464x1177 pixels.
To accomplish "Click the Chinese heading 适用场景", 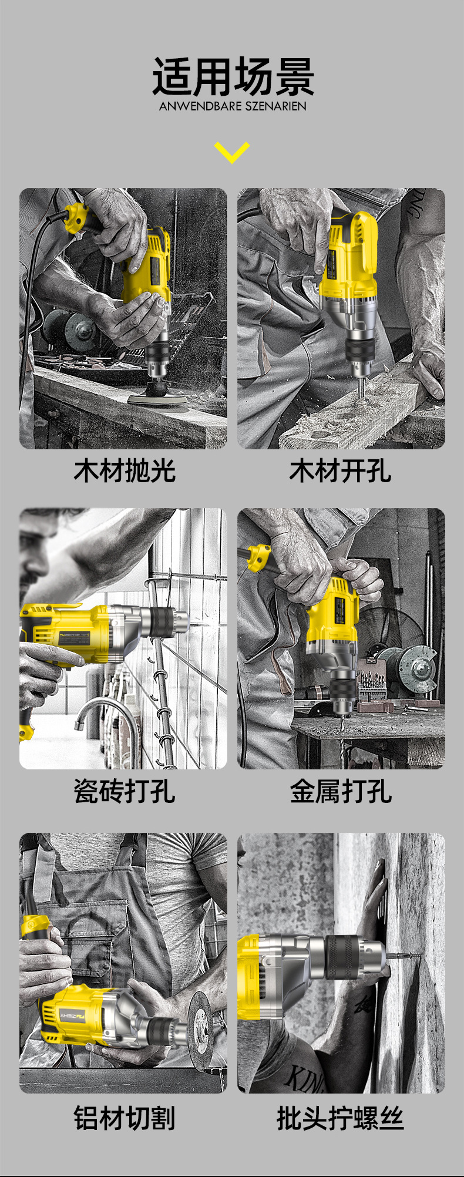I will pyautogui.click(x=233, y=77).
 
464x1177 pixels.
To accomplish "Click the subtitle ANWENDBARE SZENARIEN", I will pyautogui.click(x=233, y=106).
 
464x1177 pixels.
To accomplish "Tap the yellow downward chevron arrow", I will pyautogui.click(x=232, y=152).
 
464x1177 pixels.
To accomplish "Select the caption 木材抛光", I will pyautogui.click(x=125, y=472).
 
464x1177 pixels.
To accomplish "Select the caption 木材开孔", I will pyautogui.click(x=340, y=472).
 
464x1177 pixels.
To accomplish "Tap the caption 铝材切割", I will pyautogui.click(x=125, y=1118).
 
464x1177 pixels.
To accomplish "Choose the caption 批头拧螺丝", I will pyautogui.click(x=340, y=1118).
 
